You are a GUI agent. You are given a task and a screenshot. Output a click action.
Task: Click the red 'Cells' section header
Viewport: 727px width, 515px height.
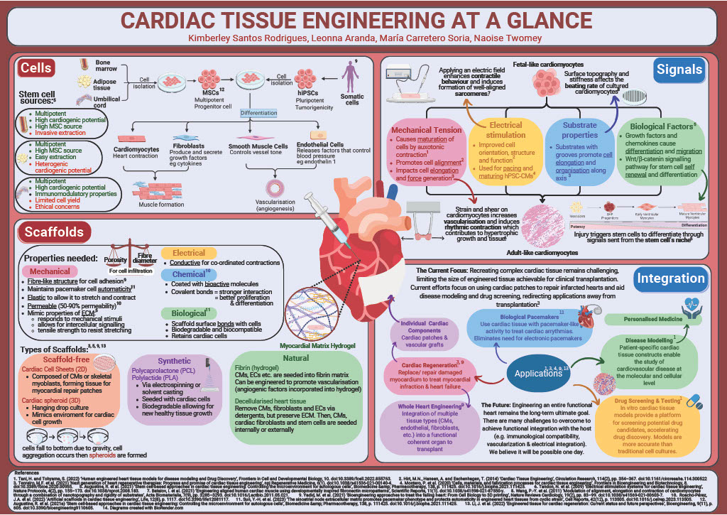point(35,68)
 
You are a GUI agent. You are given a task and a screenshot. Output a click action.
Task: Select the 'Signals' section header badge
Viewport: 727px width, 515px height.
point(679,69)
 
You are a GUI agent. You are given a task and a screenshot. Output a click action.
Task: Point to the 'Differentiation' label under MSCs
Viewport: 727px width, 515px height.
point(258,113)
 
